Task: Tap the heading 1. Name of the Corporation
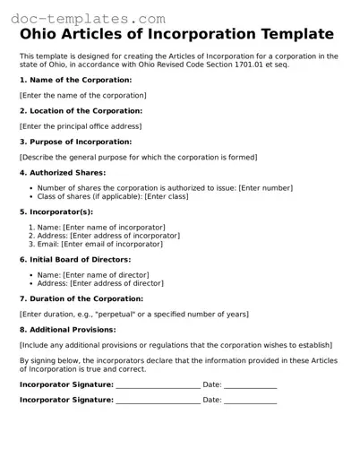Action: tap(75, 80)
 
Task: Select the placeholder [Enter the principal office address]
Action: tap(80, 126)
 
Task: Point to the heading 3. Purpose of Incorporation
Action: tap(75, 142)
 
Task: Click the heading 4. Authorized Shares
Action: tap(62, 172)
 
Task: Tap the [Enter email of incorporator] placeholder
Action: tap(111, 244)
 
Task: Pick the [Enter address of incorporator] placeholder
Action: tap(124, 236)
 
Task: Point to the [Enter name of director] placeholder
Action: tap(106, 275)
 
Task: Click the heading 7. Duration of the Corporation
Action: tap(81, 298)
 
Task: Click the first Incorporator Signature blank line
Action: tap(158, 386)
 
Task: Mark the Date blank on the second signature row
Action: tap(250, 401)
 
